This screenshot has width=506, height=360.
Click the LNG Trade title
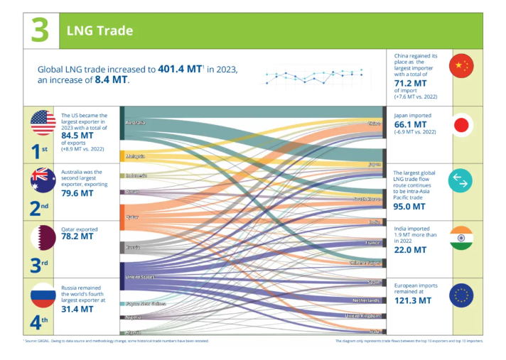(x=99, y=31)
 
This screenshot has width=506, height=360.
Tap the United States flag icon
(x=43, y=124)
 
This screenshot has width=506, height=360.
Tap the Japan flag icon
(x=462, y=125)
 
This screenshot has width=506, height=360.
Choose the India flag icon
(x=462, y=238)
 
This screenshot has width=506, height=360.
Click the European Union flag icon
(x=462, y=294)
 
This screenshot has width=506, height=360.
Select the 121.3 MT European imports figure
(x=413, y=301)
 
